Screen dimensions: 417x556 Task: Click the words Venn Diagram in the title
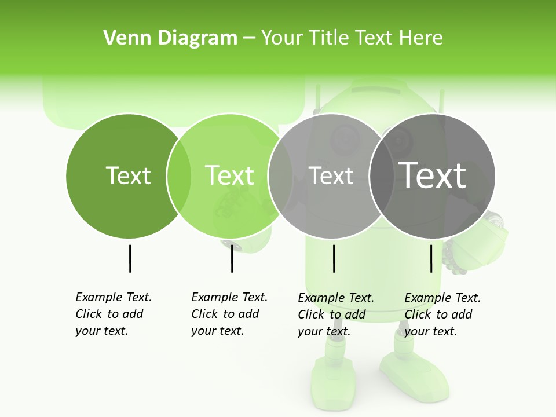pos(170,38)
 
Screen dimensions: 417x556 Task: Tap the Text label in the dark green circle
pos(129,175)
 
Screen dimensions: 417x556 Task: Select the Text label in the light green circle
pos(230,175)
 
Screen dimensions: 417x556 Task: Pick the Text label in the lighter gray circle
pos(331,175)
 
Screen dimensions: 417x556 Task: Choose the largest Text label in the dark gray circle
pos(433,175)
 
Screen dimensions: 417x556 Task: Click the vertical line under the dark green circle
pos(130,258)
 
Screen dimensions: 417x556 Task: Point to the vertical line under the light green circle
pos(232,258)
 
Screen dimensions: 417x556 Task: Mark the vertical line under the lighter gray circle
pos(334,258)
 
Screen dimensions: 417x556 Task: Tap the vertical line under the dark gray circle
pos(431,258)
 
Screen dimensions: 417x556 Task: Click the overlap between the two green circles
pos(179,175)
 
